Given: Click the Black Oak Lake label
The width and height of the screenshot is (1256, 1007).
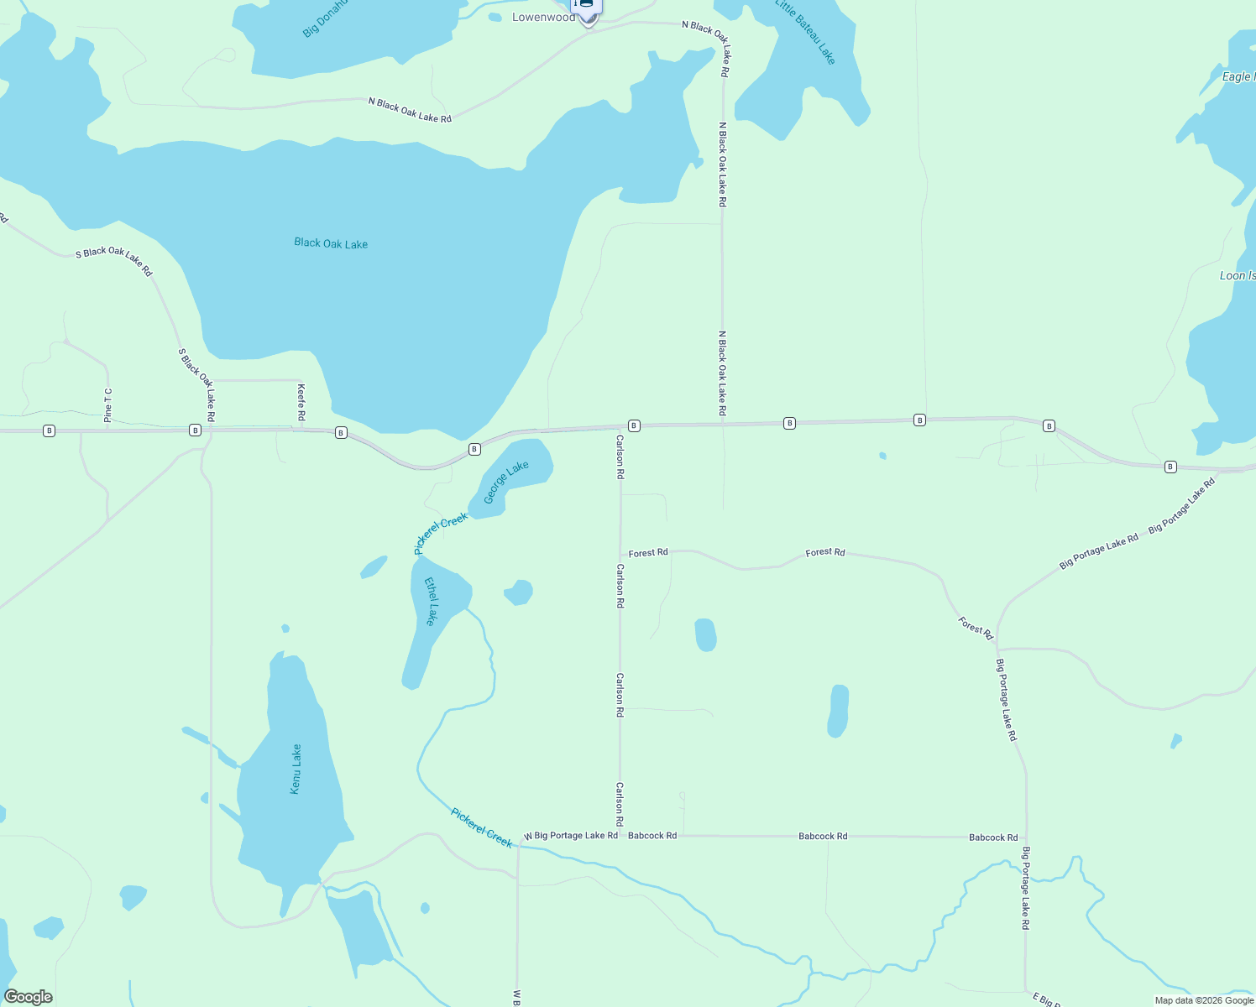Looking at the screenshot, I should tap(331, 243).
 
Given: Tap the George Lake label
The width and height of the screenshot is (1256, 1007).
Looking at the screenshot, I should tap(505, 483).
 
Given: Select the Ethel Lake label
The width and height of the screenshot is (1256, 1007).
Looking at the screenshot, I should tap(432, 601).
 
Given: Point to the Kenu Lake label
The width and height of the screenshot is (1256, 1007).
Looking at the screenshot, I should tap(296, 769).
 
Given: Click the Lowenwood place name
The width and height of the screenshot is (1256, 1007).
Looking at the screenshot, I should tap(544, 18).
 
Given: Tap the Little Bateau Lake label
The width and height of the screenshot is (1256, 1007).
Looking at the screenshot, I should tap(805, 32).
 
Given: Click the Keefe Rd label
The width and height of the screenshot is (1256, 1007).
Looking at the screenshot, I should tap(301, 403).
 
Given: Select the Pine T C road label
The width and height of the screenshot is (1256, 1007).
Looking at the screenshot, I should tap(108, 404).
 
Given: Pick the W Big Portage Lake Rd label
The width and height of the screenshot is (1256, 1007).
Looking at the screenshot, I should tap(571, 836).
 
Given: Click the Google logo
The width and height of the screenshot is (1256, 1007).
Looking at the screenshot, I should tap(28, 997).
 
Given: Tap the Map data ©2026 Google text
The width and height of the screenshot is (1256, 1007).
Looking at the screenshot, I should tap(1204, 1000).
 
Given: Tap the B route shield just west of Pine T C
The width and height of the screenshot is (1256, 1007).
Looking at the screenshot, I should tap(49, 430).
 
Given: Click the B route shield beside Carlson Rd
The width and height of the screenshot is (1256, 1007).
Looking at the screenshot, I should tap(634, 425).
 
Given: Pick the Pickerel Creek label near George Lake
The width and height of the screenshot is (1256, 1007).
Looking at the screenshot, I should tap(441, 534).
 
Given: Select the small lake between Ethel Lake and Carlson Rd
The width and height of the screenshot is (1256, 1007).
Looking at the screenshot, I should tap(519, 592).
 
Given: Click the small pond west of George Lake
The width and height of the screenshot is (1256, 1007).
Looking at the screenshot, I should tap(374, 567).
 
